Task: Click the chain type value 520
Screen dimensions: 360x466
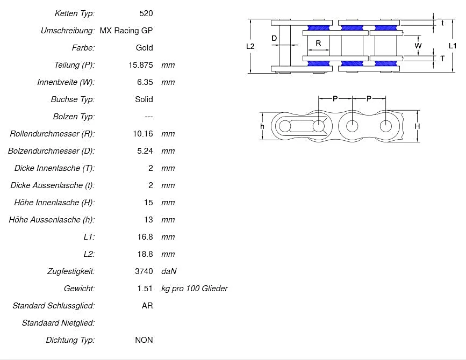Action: point(146,13)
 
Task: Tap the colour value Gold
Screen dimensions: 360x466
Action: point(144,48)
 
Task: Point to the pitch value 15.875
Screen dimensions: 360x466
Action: point(138,65)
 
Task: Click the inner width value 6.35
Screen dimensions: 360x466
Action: point(145,82)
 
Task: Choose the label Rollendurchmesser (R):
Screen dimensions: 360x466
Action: point(52,134)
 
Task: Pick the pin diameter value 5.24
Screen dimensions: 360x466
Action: point(145,151)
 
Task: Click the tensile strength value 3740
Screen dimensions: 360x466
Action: point(144,271)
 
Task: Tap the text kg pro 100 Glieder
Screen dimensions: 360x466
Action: point(194,289)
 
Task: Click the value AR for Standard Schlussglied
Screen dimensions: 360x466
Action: point(147,306)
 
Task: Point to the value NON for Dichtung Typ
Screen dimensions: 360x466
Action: point(144,340)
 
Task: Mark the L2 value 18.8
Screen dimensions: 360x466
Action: point(145,254)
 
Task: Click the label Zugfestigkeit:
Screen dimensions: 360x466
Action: point(70,271)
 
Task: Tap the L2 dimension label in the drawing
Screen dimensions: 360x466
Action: point(250,46)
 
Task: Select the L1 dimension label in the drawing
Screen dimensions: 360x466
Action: point(453,46)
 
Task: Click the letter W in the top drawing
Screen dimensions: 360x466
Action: point(418,46)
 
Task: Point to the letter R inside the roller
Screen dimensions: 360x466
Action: point(318,43)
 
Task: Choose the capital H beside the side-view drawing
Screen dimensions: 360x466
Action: point(417,126)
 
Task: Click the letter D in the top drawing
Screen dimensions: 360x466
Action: point(274,39)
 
